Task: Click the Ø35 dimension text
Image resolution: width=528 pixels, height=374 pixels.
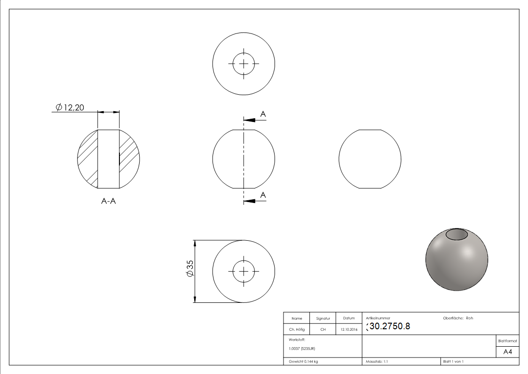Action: click(x=190, y=268)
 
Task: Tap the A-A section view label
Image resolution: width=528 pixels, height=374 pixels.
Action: click(x=109, y=201)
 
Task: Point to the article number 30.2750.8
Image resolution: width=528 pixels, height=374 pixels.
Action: click(x=390, y=326)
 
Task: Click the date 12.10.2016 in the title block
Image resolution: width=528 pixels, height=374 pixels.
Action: click(x=348, y=330)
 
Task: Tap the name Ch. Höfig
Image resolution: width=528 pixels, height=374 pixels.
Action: click(x=297, y=330)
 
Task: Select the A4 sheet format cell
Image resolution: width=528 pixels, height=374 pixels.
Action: click(x=508, y=352)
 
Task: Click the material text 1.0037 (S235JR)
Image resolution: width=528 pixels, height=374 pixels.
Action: click(x=302, y=348)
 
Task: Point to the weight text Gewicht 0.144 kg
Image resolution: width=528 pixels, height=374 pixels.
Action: click(x=303, y=361)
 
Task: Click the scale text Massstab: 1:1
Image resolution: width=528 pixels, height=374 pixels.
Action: click(x=377, y=361)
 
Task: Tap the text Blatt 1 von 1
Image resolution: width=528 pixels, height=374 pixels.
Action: click(x=453, y=361)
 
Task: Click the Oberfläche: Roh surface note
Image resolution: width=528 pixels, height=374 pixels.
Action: click(x=458, y=318)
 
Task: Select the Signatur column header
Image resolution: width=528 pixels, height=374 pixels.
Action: click(x=323, y=318)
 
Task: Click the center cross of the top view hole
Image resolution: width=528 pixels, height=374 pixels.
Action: click(x=244, y=63)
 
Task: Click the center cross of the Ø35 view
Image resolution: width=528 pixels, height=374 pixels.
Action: click(x=244, y=271)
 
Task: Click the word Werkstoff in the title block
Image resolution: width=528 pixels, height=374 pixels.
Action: click(x=297, y=339)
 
